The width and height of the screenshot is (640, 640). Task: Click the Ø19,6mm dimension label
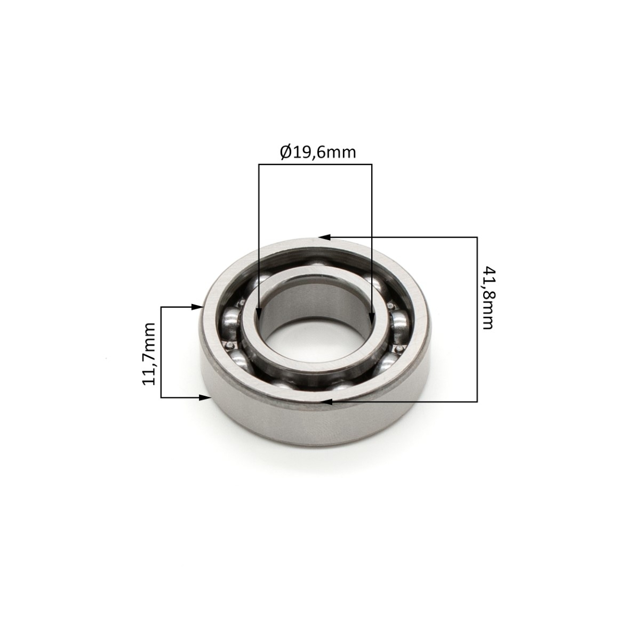click(318, 153)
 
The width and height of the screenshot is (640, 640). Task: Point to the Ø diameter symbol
click(286, 153)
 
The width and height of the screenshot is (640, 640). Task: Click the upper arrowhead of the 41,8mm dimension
click(324, 237)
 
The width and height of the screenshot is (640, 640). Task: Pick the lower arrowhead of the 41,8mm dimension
click(327, 402)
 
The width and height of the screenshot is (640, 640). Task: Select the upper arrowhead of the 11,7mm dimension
click(197, 308)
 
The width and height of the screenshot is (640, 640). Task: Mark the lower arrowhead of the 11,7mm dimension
click(204, 397)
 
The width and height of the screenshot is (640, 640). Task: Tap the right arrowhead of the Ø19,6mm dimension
click(372, 318)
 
